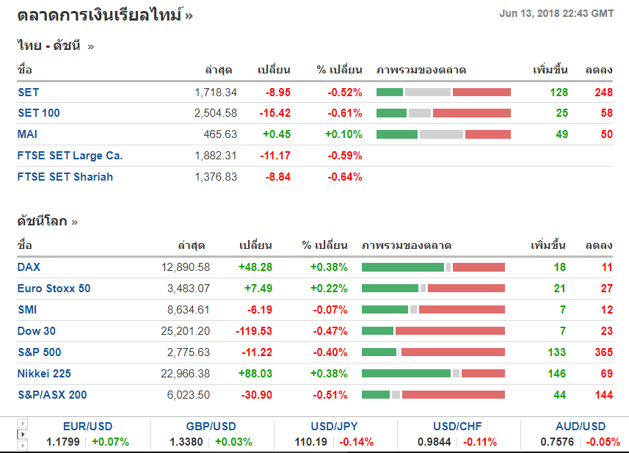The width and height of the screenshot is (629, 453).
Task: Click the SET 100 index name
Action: pos(39,113)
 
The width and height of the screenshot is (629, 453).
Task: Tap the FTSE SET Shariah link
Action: pos(65,177)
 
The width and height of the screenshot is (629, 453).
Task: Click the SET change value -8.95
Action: pos(278,93)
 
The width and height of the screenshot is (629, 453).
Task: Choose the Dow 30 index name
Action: pos(37,331)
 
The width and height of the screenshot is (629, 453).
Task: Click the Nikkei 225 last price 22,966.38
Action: pos(186,374)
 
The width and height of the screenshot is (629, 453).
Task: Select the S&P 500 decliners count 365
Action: pos(603,352)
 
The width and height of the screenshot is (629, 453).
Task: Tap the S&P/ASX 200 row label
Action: pos(52,395)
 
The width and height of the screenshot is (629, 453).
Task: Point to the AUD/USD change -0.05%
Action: pos(603,442)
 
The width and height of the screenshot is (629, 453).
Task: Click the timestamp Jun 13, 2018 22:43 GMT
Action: pos(556,13)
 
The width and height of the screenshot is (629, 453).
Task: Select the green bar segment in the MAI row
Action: pos(397,134)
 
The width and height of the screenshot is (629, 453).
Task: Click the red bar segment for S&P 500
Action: pos(453,352)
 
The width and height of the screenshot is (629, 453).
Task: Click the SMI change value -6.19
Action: pos(256,310)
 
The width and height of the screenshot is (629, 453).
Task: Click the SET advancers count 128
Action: pos(559,93)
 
